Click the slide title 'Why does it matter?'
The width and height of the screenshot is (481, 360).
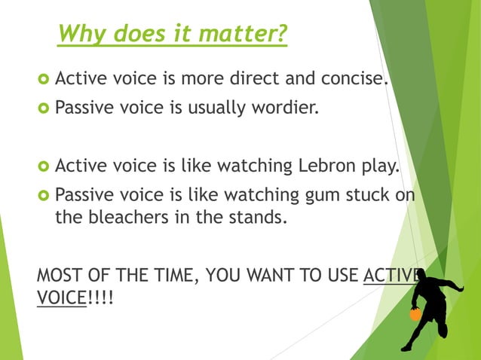coord(172,34)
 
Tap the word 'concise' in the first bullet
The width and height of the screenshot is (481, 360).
coord(357,78)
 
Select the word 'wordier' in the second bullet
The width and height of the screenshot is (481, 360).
coord(290,108)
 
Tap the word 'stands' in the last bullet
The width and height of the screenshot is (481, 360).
coord(262,218)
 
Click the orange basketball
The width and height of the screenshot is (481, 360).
coord(415,314)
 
